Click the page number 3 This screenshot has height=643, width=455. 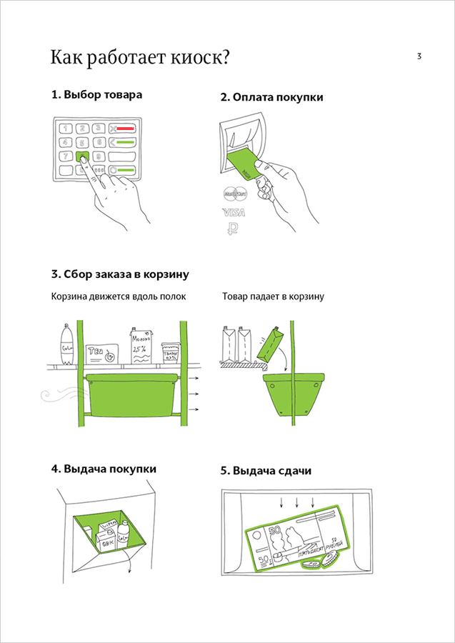[x=419, y=56]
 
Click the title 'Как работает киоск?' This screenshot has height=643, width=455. [x=139, y=58]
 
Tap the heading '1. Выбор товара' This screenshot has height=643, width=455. [x=96, y=94]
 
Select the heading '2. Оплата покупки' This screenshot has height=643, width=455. [x=271, y=97]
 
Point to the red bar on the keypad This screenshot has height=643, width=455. [x=125, y=129]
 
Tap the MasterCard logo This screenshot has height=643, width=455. [x=234, y=192]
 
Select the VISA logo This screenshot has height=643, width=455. [x=234, y=212]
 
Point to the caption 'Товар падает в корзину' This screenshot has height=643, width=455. [x=273, y=296]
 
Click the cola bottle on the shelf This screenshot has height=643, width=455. [x=66, y=345]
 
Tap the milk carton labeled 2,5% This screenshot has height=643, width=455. [x=140, y=345]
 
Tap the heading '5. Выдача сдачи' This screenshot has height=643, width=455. [x=266, y=471]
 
